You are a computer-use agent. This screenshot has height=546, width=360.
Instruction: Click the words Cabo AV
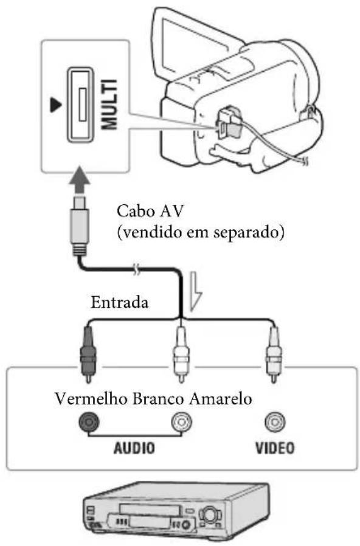click(145, 213)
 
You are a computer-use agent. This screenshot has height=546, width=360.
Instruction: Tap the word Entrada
click(119, 302)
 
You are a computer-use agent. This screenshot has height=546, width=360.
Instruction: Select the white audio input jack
click(181, 424)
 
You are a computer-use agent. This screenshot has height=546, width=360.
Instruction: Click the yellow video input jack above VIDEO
click(272, 424)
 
